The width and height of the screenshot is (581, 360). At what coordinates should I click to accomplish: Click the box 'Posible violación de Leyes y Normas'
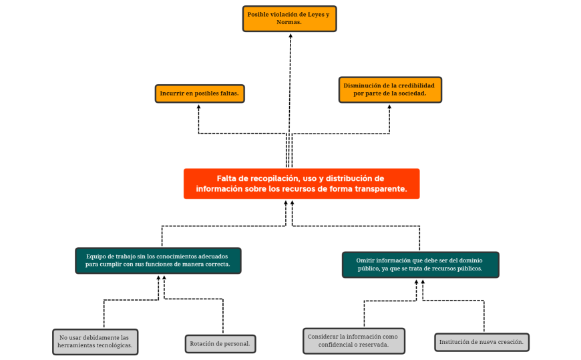[289, 18]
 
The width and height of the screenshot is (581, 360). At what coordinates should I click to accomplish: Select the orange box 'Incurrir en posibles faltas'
[200, 94]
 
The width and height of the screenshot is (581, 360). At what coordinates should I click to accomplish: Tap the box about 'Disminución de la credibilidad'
[390, 89]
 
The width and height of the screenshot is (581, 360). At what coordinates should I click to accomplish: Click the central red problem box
[301, 184]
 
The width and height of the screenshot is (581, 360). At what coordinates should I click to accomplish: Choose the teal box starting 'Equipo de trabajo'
[158, 260]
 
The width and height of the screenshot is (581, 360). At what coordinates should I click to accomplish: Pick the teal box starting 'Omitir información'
[420, 264]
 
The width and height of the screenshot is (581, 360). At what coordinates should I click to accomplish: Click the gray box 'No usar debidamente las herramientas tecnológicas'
[95, 341]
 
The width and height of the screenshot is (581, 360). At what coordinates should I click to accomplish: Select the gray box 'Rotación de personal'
[220, 344]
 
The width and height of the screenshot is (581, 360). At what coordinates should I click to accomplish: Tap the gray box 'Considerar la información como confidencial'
[354, 341]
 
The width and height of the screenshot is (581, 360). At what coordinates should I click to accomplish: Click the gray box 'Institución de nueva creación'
[481, 342]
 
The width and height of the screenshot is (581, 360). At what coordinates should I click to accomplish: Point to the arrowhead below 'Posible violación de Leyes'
[290, 36]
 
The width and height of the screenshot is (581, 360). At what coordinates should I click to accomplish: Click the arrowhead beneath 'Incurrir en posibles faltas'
[199, 107]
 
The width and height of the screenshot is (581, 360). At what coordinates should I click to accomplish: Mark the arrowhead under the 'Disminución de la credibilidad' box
[390, 107]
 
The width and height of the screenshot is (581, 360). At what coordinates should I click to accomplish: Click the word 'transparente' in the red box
[379, 189]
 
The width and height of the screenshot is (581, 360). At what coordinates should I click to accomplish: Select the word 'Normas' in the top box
[289, 22]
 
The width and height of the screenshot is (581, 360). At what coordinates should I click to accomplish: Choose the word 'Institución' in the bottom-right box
[454, 342]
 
